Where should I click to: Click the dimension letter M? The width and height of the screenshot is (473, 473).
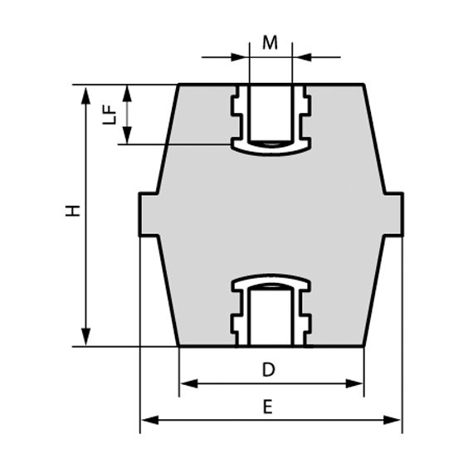click(x=270, y=42)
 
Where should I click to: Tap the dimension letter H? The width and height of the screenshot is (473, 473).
click(x=73, y=211)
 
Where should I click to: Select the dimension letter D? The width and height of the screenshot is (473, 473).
click(x=268, y=370)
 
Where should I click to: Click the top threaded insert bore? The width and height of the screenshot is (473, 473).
click(x=271, y=112)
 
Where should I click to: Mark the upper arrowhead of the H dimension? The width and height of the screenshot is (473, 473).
click(x=86, y=92)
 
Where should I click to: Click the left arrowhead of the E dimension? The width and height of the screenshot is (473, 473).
click(x=149, y=421)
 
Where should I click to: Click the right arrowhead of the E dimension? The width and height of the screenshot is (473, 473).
click(x=394, y=421)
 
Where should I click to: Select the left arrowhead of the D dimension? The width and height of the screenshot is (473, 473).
click(x=188, y=383)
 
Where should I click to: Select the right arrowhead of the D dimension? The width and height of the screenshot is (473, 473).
click(x=356, y=383)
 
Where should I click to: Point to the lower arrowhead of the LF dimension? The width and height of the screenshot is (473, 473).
click(x=127, y=137)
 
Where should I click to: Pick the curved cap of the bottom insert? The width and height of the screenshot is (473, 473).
click(x=271, y=282)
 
